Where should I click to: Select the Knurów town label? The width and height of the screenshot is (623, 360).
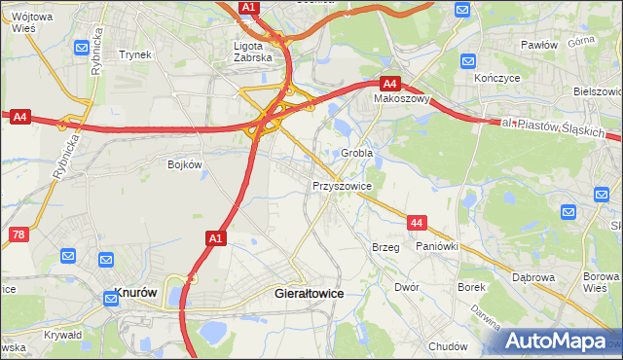(136, 292)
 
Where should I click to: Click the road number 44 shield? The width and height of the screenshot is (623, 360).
(417, 223)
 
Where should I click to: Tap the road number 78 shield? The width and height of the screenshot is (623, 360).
(18, 234)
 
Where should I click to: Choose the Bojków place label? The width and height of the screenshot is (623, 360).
(184, 164)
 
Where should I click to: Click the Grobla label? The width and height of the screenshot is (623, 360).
(357, 153)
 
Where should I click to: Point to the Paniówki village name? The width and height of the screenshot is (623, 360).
(437, 247)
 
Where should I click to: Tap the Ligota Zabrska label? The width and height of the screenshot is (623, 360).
(254, 51)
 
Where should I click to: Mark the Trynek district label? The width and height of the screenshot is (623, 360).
(135, 54)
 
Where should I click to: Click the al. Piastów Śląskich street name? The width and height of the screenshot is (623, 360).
(554, 127)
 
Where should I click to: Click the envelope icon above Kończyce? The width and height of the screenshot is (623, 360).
(463, 10)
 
